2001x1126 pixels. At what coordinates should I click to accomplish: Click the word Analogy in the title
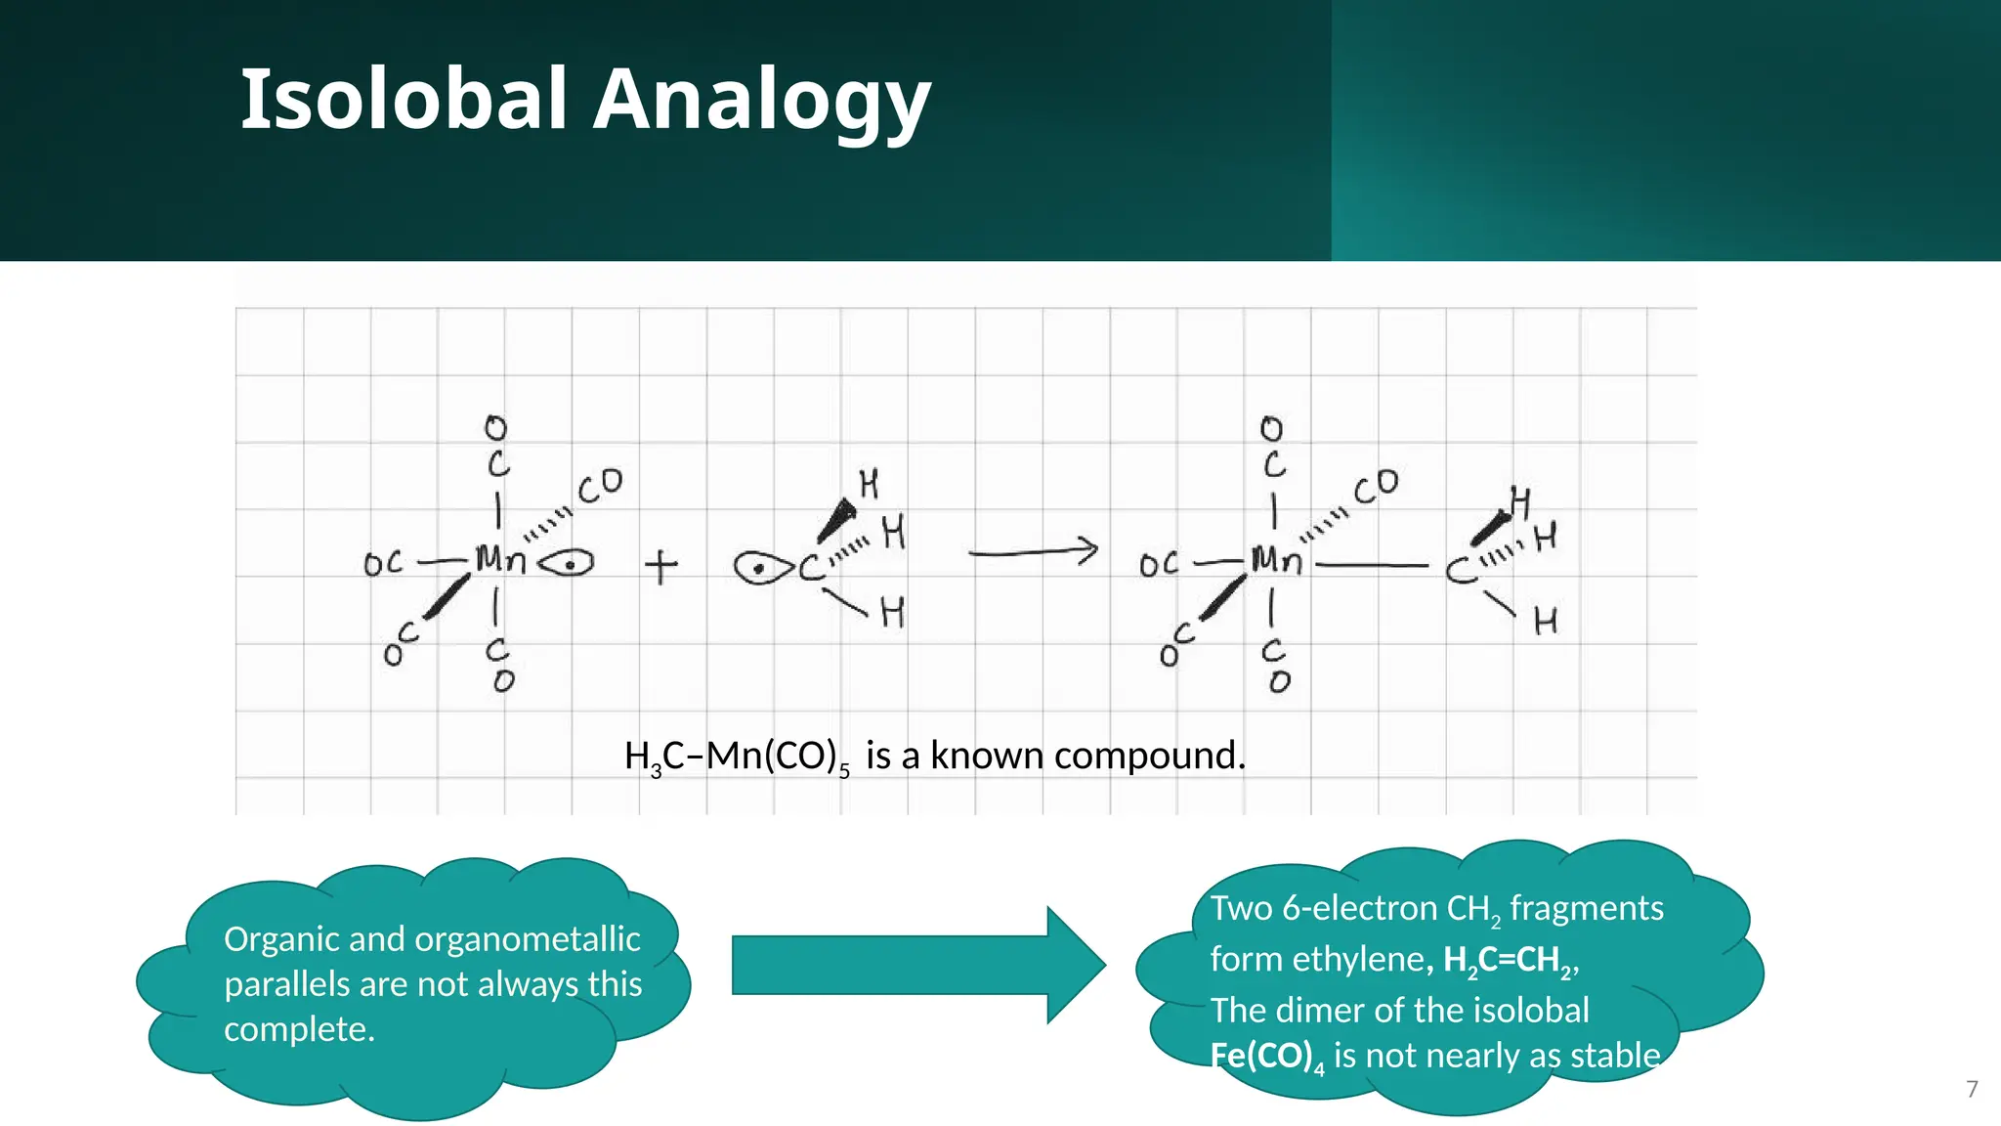pyautogui.click(x=762, y=102)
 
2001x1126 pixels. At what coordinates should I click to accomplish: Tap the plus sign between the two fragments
pyautogui.click(x=661, y=566)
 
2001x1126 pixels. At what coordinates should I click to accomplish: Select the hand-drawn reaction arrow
pyautogui.click(x=1034, y=552)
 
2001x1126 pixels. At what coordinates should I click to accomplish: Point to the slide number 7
pyautogui.click(x=1972, y=1089)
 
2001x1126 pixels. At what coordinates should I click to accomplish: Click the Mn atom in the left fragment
pyautogui.click(x=500, y=560)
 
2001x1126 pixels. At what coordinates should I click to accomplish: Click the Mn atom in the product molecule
pyautogui.click(x=1276, y=560)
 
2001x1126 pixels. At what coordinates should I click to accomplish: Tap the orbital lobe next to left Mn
pyautogui.click(x=567, y=564)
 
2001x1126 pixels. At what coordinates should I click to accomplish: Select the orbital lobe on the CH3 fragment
pyautogui.click(x=763, y=568)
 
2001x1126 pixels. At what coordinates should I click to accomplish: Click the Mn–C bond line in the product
pyautogui.click(x=1372, y=565)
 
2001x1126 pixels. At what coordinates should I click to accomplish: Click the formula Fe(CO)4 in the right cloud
pyautogui.click(x=1267, y=1057)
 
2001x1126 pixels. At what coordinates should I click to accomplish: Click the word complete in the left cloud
pyautogui.click(x=297, y=1029)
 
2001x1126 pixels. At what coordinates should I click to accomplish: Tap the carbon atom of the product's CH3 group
pyautogui.click(x=1461, y=570)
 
